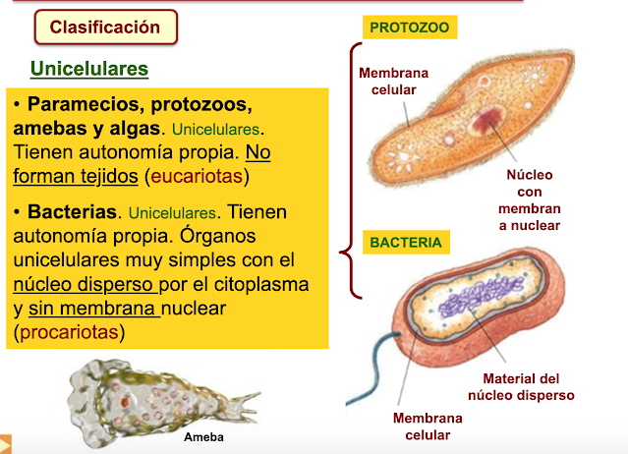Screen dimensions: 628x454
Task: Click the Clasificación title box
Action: [105, 28]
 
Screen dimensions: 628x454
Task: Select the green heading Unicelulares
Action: [89, 70]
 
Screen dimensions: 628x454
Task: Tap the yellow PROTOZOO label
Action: [410, 28]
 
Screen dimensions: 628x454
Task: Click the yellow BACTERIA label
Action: [406, 242]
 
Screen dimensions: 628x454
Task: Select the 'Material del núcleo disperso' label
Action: [521, 387]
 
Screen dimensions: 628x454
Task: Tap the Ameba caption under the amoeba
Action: [204, 437]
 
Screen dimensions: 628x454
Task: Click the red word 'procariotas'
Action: [68, 332]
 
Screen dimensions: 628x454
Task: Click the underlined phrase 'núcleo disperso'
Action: [85, 285]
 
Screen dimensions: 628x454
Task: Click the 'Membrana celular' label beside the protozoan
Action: [387, 82]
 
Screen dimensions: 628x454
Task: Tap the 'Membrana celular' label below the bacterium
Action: [422, 426]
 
